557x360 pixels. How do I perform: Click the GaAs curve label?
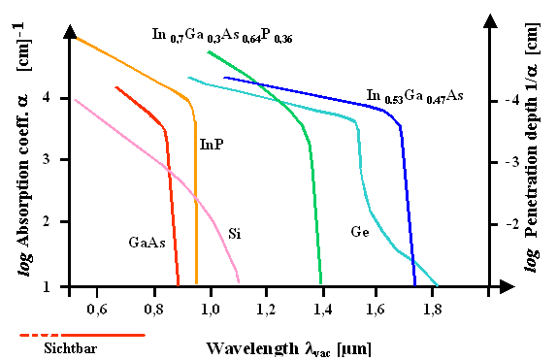tap(145, 242)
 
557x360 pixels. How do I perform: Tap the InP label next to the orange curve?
tap(213, 144)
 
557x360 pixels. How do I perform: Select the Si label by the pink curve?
tap(234, 234)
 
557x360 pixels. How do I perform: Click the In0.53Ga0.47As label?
tap(414, 96)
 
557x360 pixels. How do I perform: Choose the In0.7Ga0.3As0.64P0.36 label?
tap(222, 36)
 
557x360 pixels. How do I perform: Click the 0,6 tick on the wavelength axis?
tap(95, 309)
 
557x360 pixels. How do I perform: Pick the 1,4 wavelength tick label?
tap(320, 309)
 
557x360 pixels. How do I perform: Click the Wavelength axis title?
tap(288, 346)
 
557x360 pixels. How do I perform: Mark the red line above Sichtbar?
tap(82, 335)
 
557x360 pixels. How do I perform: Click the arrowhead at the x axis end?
tap(506, 286)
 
